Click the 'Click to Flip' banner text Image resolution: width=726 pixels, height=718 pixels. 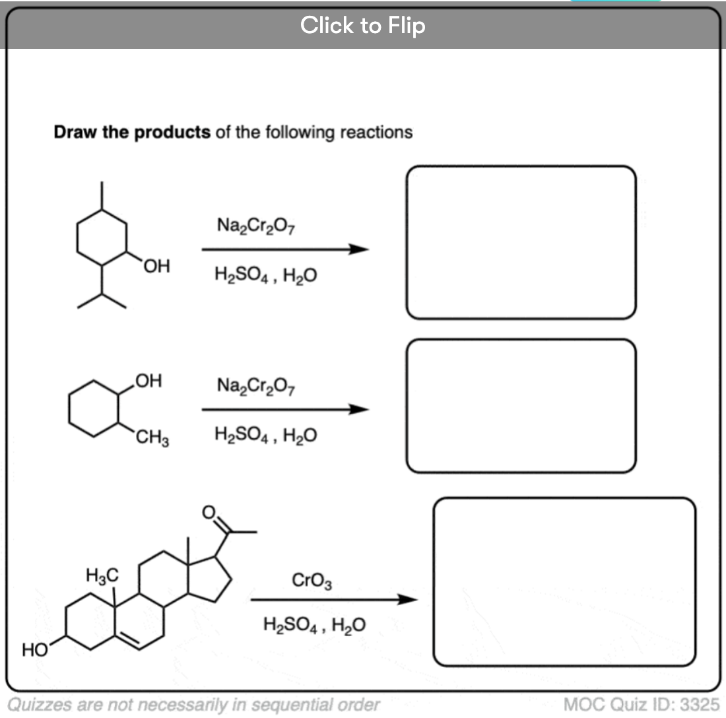click(362, 25)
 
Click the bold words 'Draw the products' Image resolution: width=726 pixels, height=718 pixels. click(132, 133)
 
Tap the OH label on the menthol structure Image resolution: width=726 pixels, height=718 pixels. click(156, 267)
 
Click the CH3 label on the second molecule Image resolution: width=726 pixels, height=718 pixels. click(153, 438)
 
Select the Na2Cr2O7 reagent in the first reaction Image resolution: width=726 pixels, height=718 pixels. click(255, 226)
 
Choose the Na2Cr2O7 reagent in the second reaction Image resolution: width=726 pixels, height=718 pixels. click(255, 385)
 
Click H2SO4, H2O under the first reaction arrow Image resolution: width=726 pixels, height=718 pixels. click(265, 275)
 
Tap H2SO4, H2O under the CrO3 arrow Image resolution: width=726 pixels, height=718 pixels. click(314, 624)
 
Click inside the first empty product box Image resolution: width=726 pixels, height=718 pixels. click(521, 242)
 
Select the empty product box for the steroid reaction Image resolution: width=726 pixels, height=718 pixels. click(564, 581)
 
